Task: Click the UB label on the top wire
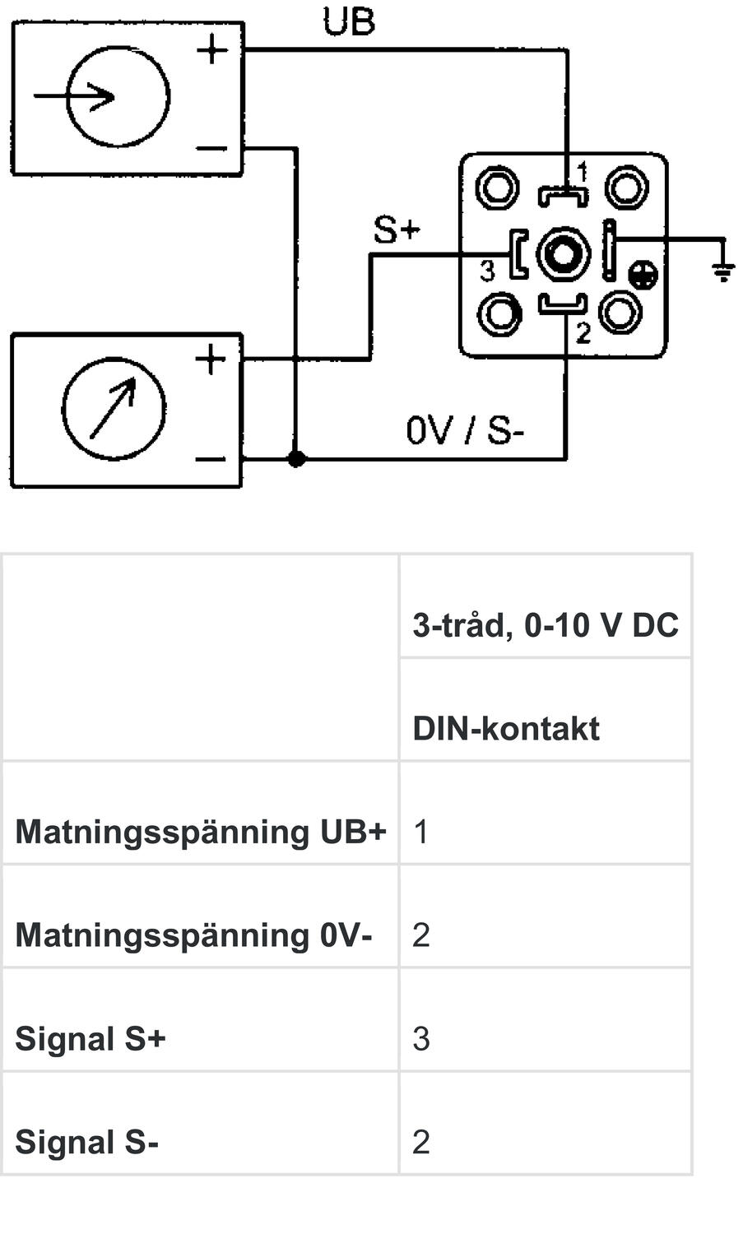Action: click(349, 22)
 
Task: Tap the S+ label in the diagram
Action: click(397, 230)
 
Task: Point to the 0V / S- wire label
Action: click(465, 430)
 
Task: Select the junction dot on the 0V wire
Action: click(296, 458)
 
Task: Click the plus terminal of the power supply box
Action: click(212, 50)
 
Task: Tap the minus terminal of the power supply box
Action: click(212, 149)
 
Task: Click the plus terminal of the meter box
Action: click(211, 360)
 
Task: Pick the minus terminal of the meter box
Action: click(211, 459)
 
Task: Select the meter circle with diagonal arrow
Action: click(114, 408)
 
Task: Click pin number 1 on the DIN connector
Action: click(583, 173)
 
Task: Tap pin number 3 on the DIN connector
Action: click(487, 270)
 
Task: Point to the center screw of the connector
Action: click(563, 254)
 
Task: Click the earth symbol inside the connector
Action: click(642, 276)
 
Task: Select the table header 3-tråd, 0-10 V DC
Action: click(545, 625)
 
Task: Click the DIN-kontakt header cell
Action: click(505, 729)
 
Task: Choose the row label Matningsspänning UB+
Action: click(200, 832)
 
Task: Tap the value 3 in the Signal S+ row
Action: click(420, 1039)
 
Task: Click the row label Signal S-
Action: click(86, 1142)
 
